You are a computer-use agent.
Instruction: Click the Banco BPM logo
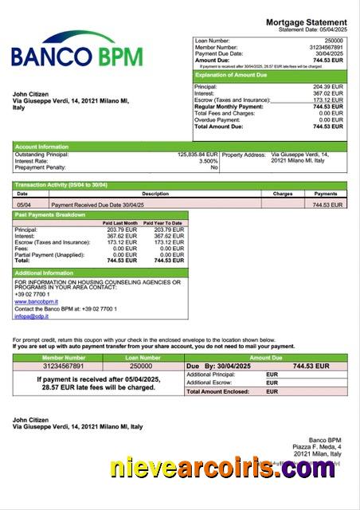pos(77,49)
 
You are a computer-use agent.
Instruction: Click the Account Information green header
pos(42,147)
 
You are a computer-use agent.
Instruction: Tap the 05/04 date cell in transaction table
pos(24,205)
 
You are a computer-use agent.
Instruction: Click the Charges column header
pos(283,194)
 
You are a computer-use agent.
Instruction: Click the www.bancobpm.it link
pos(36,302)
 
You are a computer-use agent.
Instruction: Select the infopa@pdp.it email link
pos(32,316)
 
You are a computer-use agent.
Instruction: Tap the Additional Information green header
pos(44,273)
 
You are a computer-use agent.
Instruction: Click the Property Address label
pos(244,155)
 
